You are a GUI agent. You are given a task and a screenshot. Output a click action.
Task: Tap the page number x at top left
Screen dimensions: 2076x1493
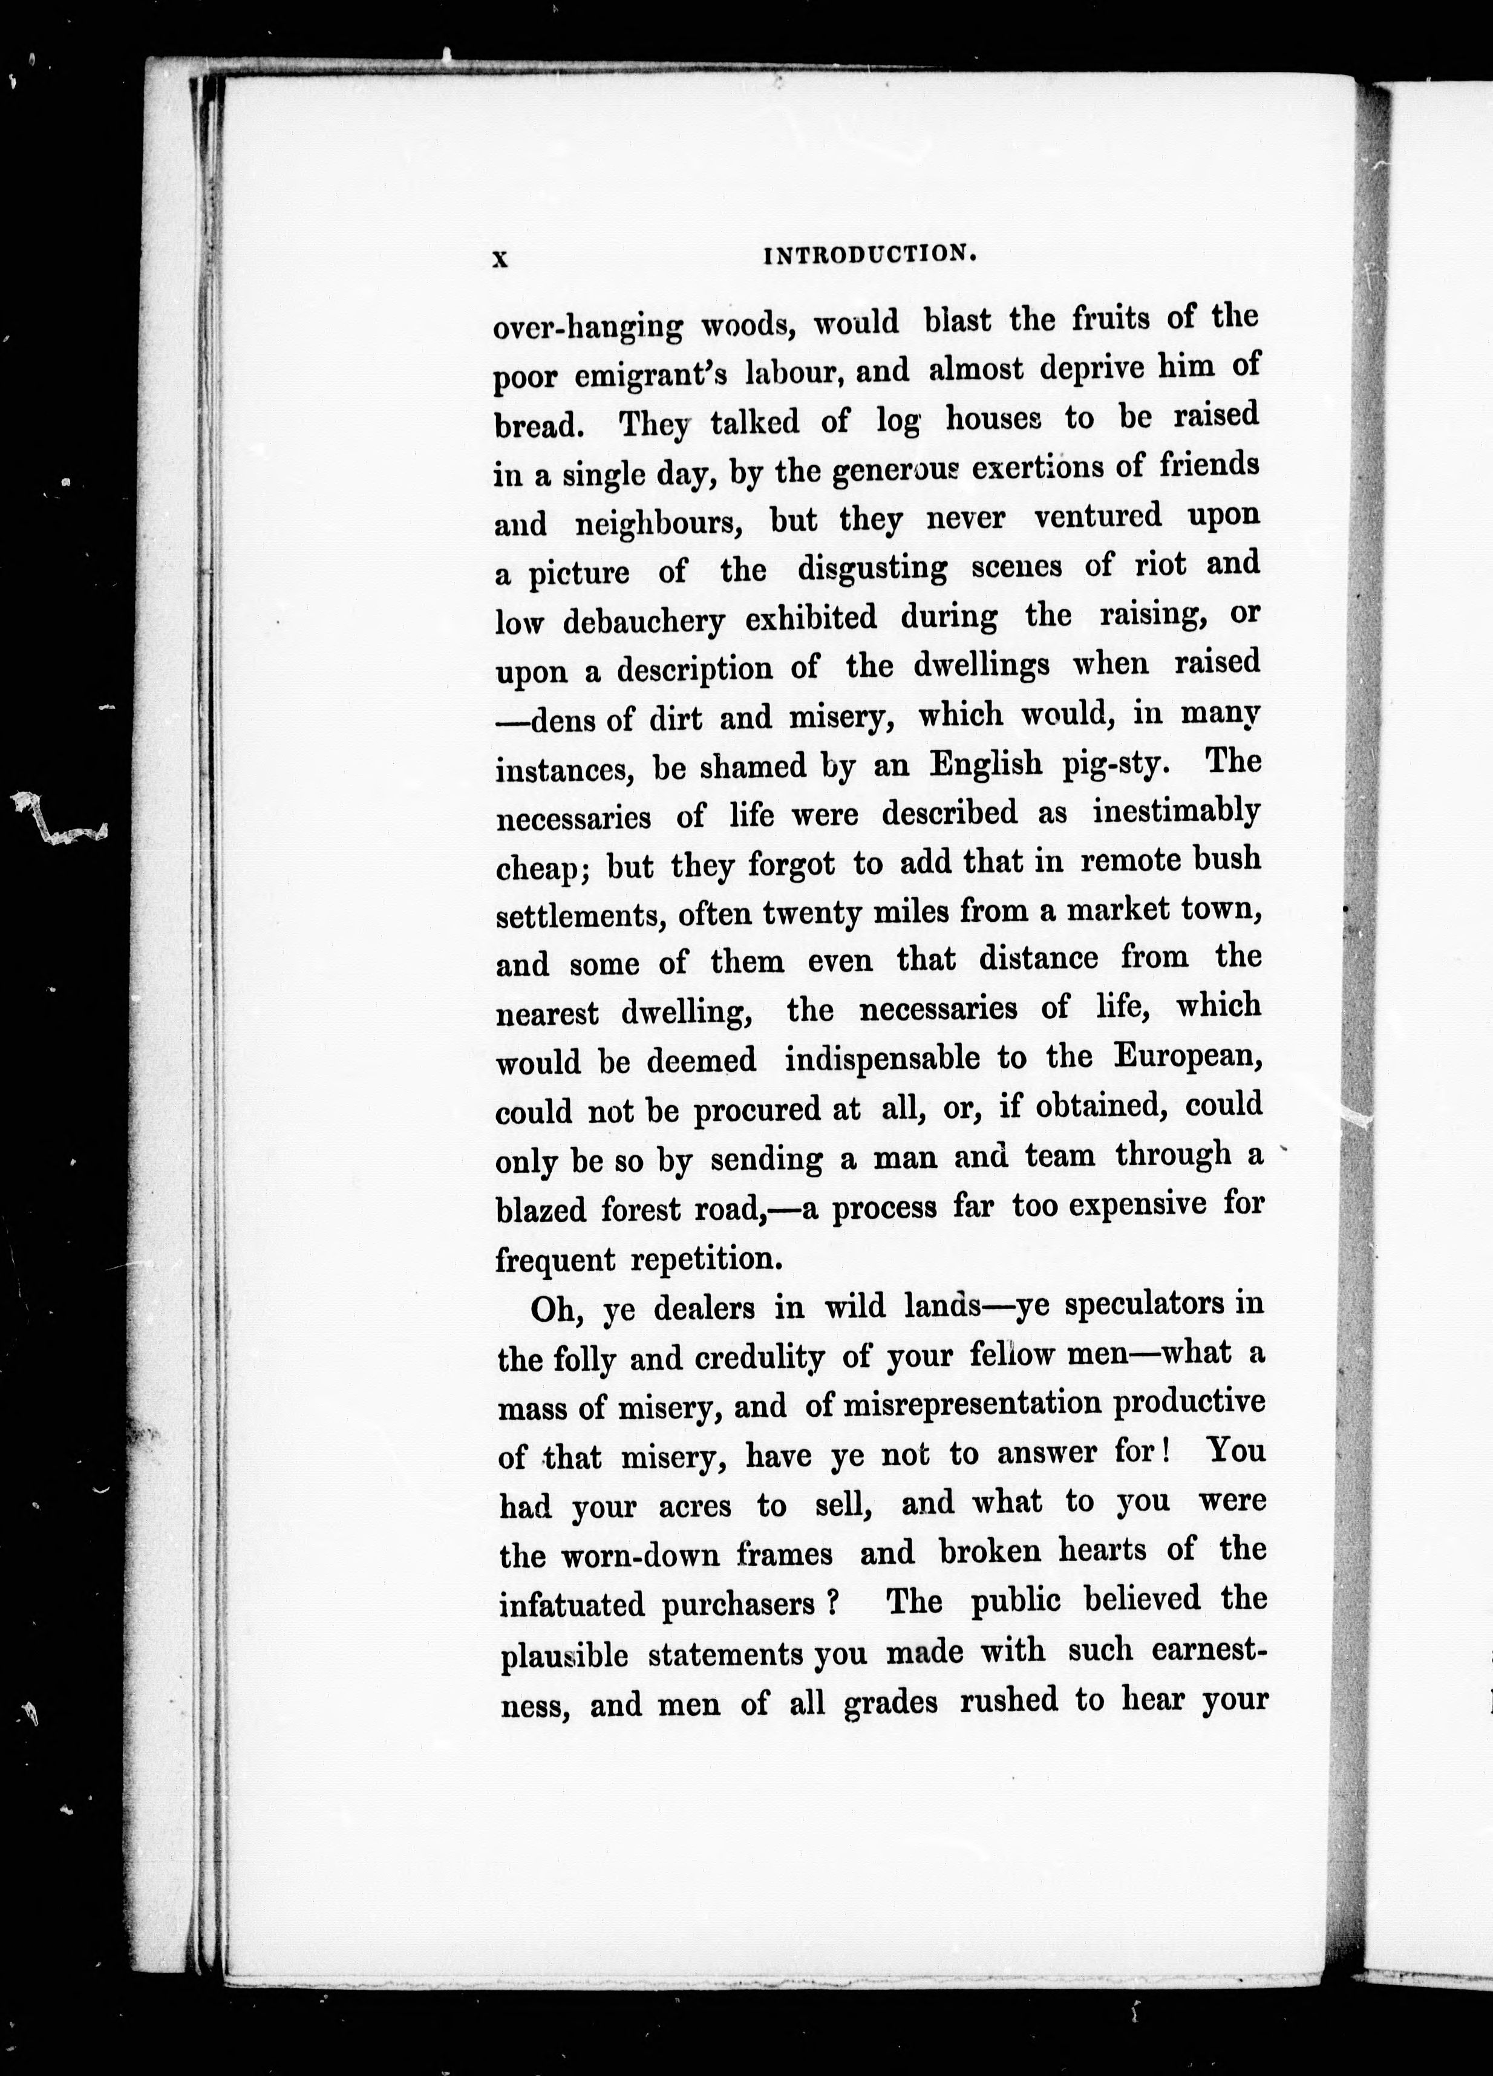pos(500,259)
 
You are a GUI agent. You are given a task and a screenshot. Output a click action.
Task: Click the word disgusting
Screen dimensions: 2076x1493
pos(872,569)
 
